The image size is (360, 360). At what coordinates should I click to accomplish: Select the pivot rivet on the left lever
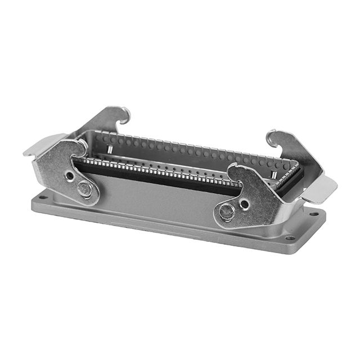pyautogui.click(x=85, y=190)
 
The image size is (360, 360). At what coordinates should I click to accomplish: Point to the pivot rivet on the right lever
pyautogui.click(x=227, y=211)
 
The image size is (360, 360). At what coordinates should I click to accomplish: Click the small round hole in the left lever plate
pyautogui.click(x=69, y=175)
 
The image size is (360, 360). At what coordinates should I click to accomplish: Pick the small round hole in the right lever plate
pyautogui.click(x=245, y=203)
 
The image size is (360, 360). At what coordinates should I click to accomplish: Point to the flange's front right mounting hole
pyautogui.click(x=290, y=237)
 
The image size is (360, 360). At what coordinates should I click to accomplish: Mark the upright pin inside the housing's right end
pyautogui.click(x=273, y=174)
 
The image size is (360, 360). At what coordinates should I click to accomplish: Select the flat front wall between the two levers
pyautogui.click(x=157, y=197)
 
